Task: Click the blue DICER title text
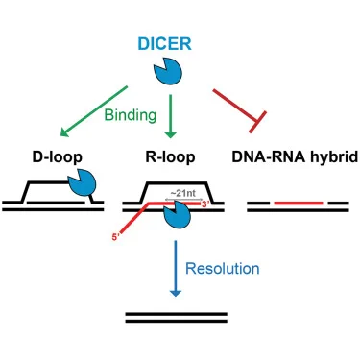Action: click(164, 44)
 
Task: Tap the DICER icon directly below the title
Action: click(168, 71)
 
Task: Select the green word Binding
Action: click(131, 115)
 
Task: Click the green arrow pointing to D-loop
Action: click(94, 111)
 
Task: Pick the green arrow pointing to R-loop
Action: click(170, 116)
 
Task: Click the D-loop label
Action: click(58, 157)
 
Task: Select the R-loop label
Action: click(170, 157)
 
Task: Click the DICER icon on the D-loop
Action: click(83, 182)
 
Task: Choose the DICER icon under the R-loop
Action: click(177, 215)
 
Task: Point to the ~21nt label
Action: click(182, 193)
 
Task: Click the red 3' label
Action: click(205, 204)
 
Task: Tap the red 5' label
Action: click(115, 237)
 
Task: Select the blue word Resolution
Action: click(223, 269)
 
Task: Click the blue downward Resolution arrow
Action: click(176, 268)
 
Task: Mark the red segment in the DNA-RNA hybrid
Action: click(299, 203)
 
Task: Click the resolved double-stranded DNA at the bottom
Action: click(177, 318)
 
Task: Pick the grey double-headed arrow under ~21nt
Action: click(183, 199)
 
